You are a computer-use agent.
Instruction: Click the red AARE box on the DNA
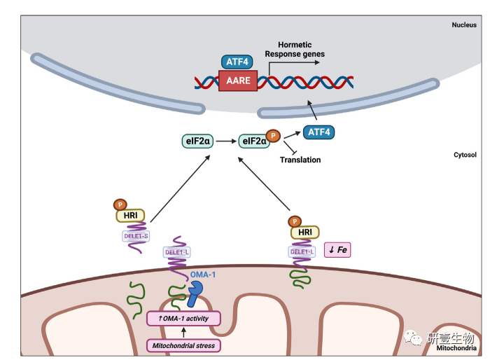coord(239,82)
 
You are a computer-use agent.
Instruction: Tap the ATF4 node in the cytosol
coord(318,131)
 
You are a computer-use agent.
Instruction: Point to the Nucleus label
coord(463,25)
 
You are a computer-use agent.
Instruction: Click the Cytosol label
coord(465,155)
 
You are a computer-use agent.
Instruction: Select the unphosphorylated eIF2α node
coord(197,141)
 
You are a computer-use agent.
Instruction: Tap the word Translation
coord(300,160)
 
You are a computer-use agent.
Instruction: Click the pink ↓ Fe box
coord(337,250)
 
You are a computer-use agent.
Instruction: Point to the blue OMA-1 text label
coord(202,275)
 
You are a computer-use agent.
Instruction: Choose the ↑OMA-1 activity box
coord(183,319)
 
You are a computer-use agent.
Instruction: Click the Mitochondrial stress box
coord(183,345)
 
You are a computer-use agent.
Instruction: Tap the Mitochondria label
coord(456,348)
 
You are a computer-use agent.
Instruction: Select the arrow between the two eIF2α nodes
coord(226,141)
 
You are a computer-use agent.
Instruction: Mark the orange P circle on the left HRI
coord(117,205)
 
